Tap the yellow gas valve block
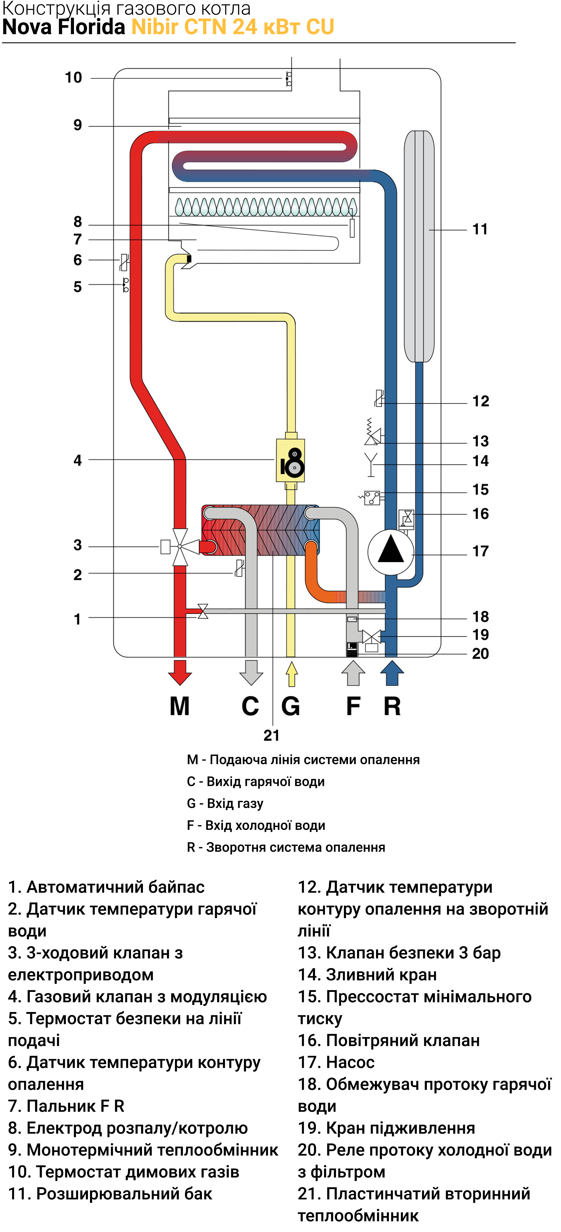(290, 460)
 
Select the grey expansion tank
(419, 246)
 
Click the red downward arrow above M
(180, 672)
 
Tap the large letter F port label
(353, 706)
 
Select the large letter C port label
(250, 706)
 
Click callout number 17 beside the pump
(481, 551)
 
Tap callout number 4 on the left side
(77, 460)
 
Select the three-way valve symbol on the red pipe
(179, 547)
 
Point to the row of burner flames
(265, 207)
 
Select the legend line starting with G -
(225, 804)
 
